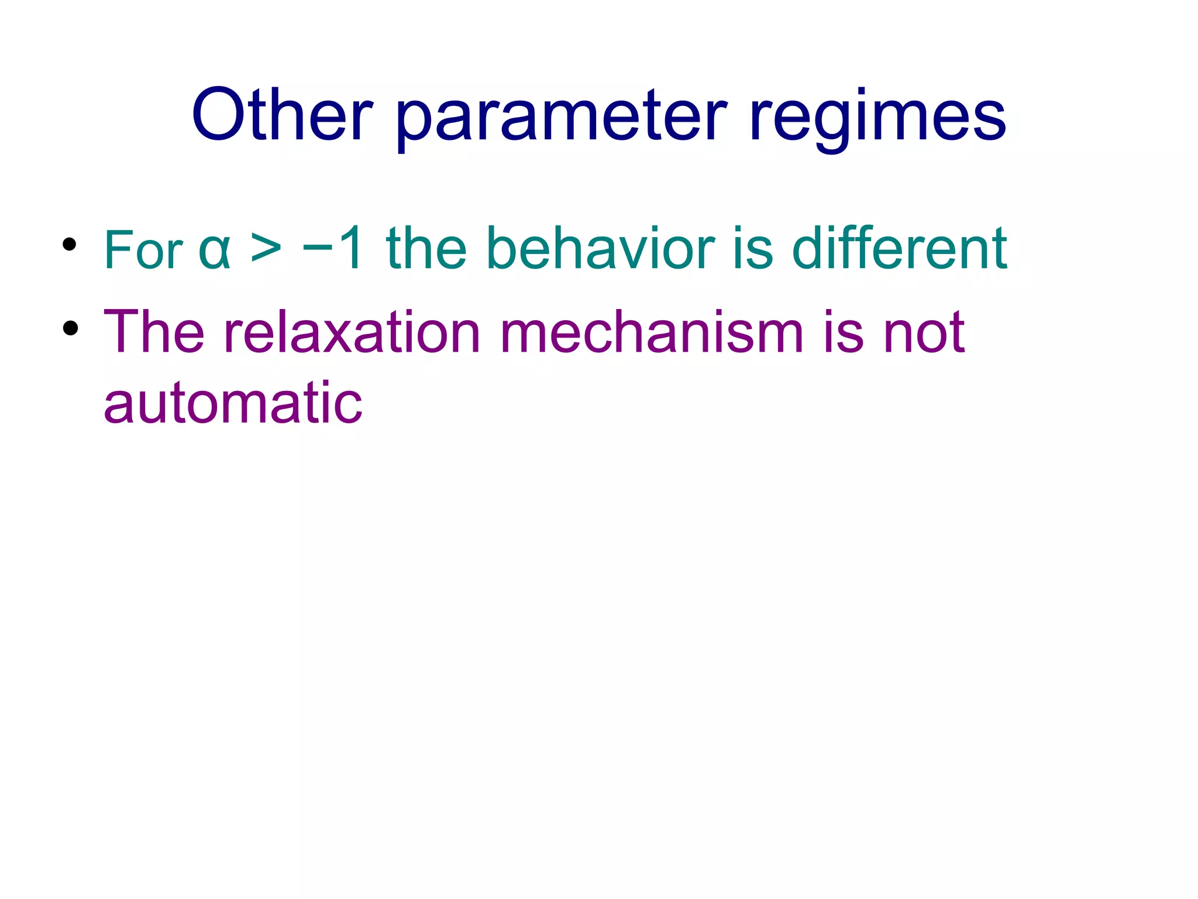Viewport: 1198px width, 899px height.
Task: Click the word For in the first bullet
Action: pos(143,251)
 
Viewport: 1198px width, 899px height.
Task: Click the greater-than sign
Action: pos(266,250)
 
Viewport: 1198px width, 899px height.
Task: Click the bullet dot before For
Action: pos(70,245)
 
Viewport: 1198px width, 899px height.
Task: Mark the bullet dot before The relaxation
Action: pos(70,328)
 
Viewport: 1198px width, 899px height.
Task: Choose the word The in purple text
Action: pos(154,332)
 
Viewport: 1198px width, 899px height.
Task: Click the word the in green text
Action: pos(426,249)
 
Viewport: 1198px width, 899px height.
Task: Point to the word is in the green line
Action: pos(752,249)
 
